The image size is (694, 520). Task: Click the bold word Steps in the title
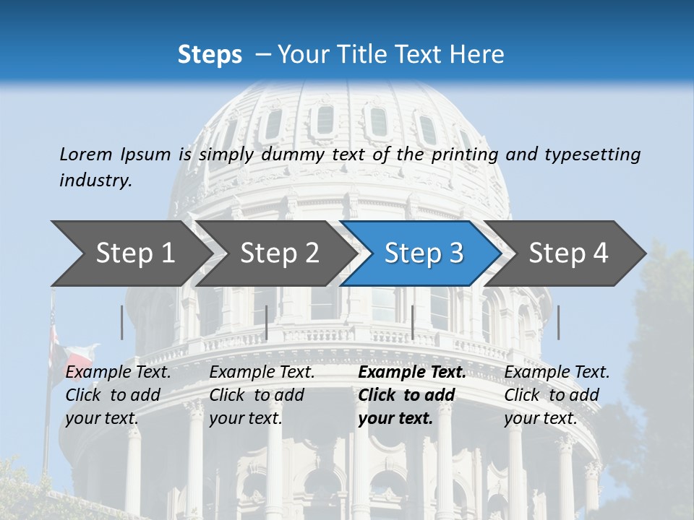pyautogui.click(x=210, y=55)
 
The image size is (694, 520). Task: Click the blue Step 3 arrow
pyautogui.click(x=424, y=253)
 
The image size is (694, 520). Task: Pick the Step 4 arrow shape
pyautogui.click(x=568, y=253)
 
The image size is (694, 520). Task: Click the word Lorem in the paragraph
pyautogui.click(x=86, y=155)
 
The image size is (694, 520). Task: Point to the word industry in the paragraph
pyautogui.click(x=95, y=180)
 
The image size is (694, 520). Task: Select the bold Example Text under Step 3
pyautogui.click(x=412, y=373)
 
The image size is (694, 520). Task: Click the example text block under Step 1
pyautogui.click(x=118, y=395)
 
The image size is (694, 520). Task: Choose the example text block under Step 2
pyautogui.click(x=262, y=395)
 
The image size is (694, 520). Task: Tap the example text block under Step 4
pyautogui.click(x=557, y=395)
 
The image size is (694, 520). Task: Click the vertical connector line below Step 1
pyautogui.click(x=122, y=322)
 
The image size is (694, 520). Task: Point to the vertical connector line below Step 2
pyautogui.click(x=267, y=322)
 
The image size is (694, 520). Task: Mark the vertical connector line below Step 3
pyautogui.click(x=413, y=322)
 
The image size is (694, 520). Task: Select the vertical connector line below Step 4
pyautogui.click(x=559, y=322)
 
